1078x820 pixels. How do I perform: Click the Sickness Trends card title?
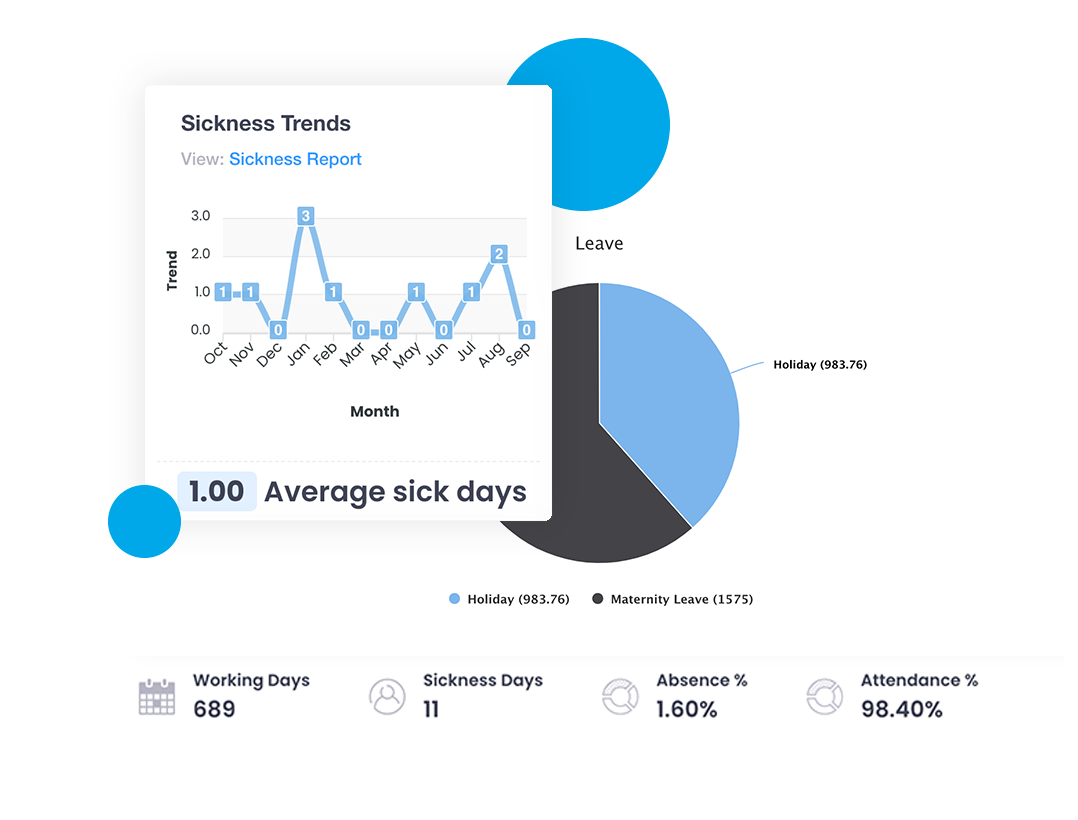point(265,124)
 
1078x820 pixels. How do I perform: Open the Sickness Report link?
point(295,159)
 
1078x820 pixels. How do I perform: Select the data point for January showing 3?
point(306,216)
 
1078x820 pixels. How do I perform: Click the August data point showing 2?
point(499,254)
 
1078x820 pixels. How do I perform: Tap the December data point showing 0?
point(279,330)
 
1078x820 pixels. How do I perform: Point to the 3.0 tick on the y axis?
point(200,216)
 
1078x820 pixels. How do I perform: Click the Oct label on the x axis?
point(215,354)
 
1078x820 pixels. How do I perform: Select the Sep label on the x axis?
point(517,354)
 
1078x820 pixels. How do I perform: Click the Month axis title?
point(374,411)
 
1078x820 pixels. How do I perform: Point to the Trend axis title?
point(172,271)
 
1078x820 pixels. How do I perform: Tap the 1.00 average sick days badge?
point(217,492)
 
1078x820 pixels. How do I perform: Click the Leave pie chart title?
point(599,244)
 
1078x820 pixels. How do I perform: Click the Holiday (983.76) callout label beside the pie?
point(819,365)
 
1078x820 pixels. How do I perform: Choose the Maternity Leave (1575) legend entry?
point(672,599)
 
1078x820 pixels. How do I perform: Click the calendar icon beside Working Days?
point(156,696)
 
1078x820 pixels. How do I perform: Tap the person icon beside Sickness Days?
point(387,696)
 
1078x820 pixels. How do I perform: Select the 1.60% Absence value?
point(686,710)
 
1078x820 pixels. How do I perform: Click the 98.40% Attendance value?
point(901,710)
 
